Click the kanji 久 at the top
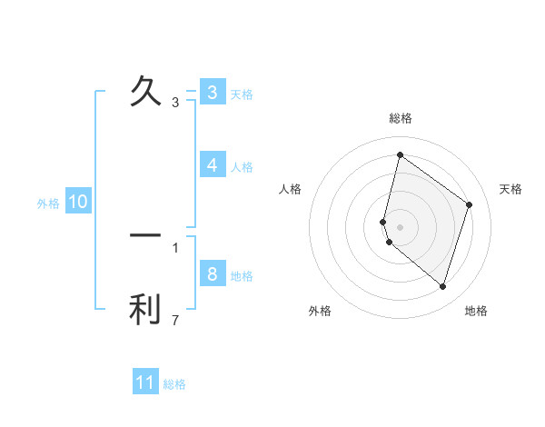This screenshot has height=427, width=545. tap(145, 91)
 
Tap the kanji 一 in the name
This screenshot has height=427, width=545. tap(145, 235)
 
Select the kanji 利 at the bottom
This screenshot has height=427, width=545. tap(145, 309)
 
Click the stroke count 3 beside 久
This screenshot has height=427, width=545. tap(175, 103)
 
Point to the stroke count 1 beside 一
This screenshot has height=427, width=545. tap(175, 247)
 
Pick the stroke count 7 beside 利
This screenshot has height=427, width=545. tap(175, 321)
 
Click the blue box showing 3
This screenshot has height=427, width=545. tap(212, 93)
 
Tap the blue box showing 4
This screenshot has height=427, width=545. tap(212, 165)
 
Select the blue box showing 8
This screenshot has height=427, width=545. tap(212, 274)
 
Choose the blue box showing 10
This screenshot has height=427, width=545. tap(78, 202)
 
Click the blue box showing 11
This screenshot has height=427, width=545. tap(145, 382)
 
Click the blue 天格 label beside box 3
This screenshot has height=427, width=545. tap(242, 94)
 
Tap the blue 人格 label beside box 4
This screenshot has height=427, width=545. tap(242, 166)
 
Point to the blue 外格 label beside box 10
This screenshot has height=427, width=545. tap(48, 204)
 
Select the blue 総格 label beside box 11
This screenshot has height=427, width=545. tap(174, 384)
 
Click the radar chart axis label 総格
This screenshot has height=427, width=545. tap(401, 118)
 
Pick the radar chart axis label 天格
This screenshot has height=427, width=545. tap(510, 189)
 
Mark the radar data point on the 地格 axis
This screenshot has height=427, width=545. tap(442, 287)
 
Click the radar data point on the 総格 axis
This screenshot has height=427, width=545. tap(400, 155)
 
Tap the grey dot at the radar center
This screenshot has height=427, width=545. tap(401, 226)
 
